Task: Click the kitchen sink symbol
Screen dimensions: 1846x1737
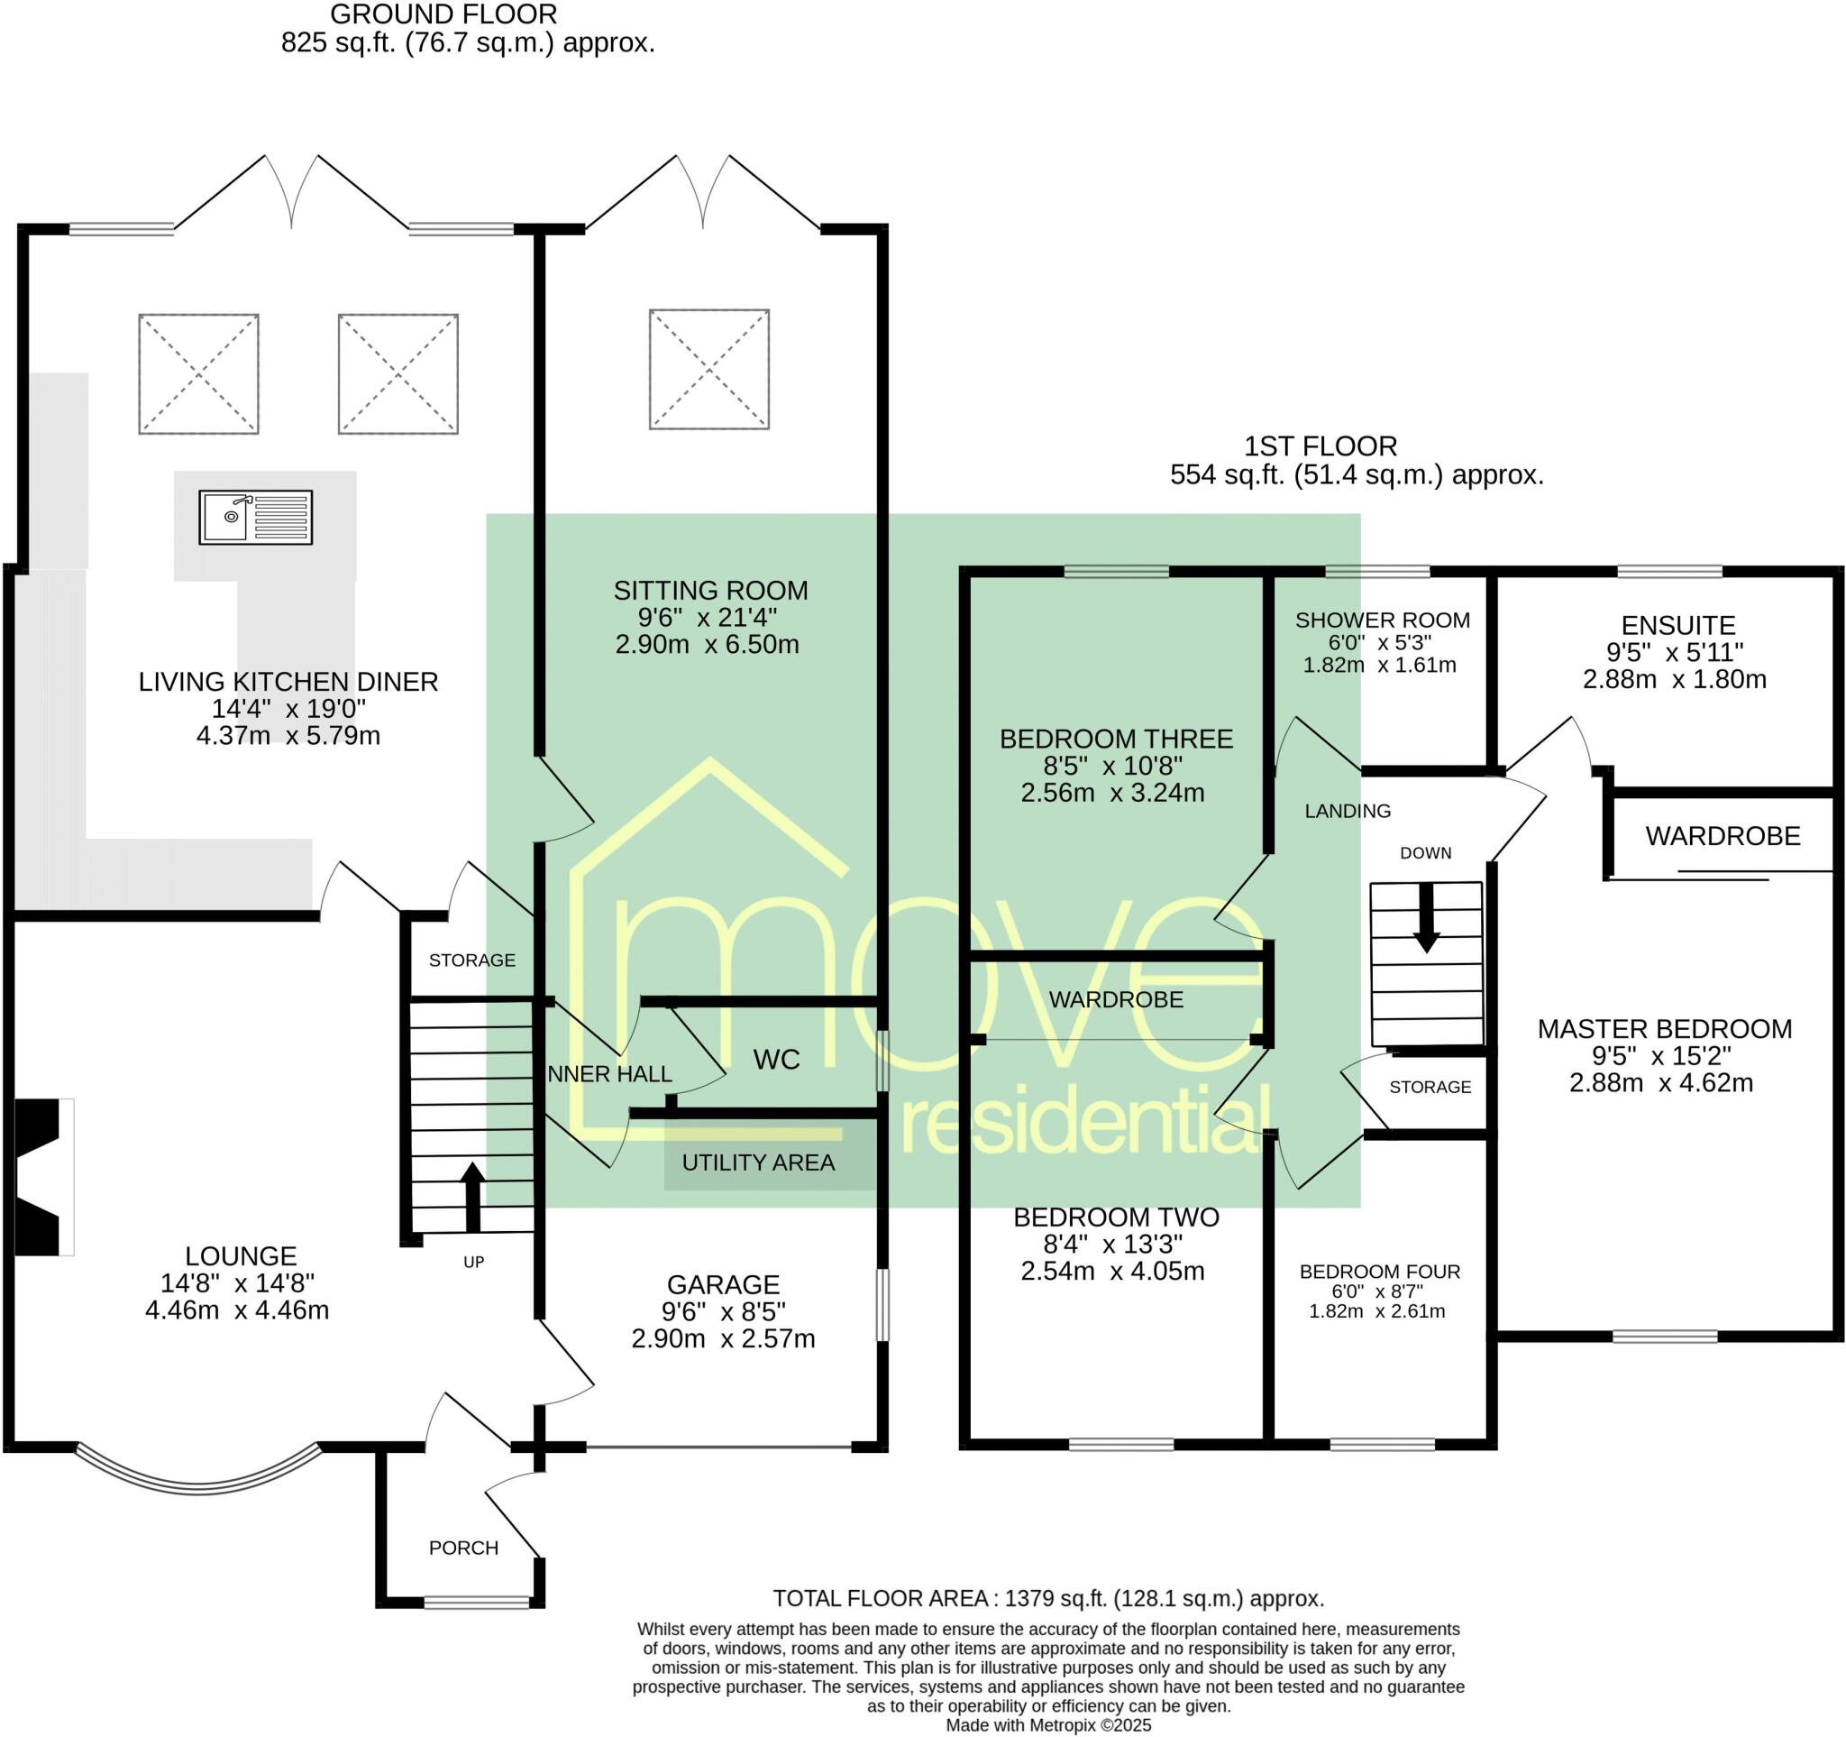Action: [255, 518]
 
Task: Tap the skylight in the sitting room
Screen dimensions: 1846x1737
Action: [709, 369]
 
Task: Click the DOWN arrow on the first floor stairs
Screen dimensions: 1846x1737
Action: [1426, 917]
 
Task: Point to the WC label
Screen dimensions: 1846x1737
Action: [776, 1060]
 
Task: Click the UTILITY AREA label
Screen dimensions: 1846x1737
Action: [759, 1162]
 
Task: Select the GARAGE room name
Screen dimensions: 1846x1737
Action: [724, 1284]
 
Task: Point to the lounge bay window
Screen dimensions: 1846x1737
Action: [197, 1471]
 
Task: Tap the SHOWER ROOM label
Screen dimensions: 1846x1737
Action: [1383, 620]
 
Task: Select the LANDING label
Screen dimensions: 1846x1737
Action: [1348, 811]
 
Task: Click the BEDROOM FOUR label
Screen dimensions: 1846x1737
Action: [1380, 1272]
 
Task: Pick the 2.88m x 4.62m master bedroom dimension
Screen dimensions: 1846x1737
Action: [1661, 1083]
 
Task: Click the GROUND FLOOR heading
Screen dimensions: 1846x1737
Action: [443, 14]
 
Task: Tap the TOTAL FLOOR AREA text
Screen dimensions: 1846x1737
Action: [1048, 1599]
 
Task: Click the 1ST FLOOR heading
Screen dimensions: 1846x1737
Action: [1321, 446]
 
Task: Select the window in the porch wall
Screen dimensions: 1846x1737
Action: [478, 1602]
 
